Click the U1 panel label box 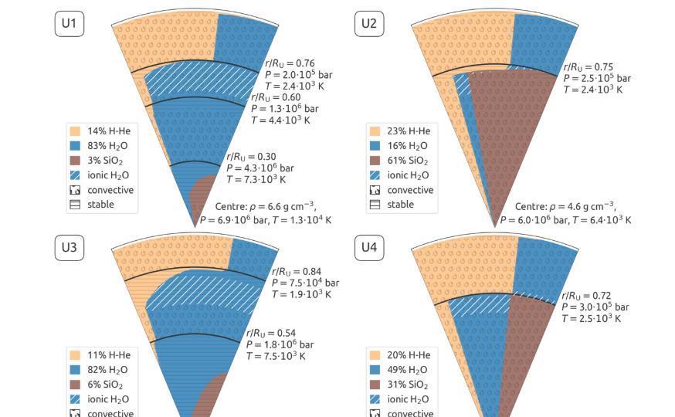click(x=69, y=23)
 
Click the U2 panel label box click(x=369, y=23)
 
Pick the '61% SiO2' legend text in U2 click(x=407, y=161)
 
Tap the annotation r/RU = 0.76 click(x=290, y=63)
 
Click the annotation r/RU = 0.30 click(x=251, y=157)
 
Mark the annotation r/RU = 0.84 click(x=297, y=272)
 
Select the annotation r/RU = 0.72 click(x=586, y=296)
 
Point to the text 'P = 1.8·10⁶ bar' click(x=280, y=344)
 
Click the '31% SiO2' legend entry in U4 click(x=407, y=385)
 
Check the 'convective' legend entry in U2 click(x=410, y=190)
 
